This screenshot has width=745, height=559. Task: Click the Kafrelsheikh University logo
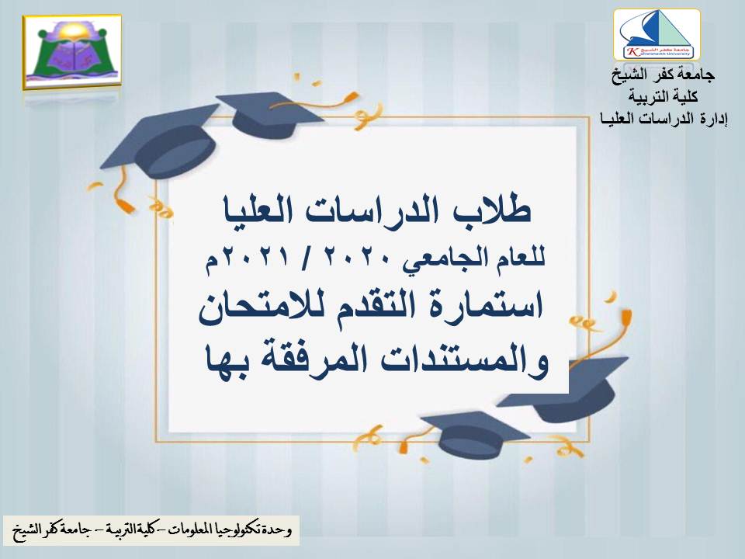(657, 35)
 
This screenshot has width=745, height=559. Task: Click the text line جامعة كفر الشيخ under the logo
(660, 77)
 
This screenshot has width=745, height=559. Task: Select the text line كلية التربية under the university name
(660, 96)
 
